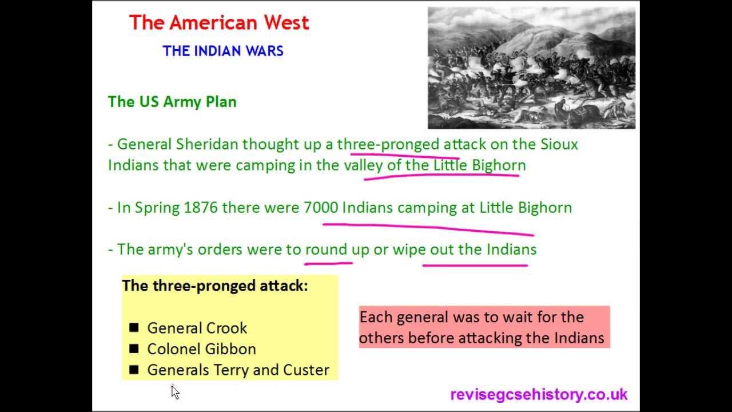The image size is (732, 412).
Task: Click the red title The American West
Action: point(219,23)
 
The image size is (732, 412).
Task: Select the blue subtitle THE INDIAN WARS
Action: point(223,51)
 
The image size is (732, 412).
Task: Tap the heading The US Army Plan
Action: point(172,102)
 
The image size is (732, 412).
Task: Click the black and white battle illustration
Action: point(531,68)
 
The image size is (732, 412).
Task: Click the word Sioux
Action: point(559,144)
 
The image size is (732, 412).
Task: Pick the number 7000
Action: point(321,207)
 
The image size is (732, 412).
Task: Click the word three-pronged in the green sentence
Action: point(388,144)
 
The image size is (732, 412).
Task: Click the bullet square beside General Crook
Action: point(134,328)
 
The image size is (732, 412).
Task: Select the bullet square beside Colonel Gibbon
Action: point(134,348)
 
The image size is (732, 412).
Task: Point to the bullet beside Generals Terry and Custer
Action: point(134,370)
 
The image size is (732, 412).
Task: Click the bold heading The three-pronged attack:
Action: point(215,286)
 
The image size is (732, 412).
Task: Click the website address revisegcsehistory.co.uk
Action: point(539,394)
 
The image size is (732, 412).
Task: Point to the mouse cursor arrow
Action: point(174,391)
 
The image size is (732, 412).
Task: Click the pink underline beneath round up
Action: point(328,264)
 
